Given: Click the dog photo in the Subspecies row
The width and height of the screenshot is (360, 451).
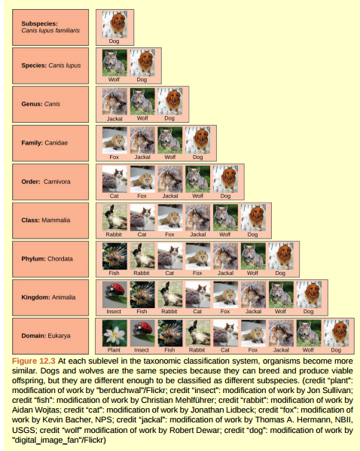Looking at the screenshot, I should click(114, 25).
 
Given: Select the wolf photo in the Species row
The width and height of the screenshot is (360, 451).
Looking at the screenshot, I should click(114, 62).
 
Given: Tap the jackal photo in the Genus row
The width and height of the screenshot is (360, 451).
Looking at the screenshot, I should click(114, 102).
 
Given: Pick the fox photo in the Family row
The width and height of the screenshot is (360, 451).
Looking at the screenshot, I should click(114, 140).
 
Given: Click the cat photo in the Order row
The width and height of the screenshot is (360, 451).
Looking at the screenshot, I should click(114, 178).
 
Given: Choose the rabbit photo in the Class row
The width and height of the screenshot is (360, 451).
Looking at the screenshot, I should click(114, 217).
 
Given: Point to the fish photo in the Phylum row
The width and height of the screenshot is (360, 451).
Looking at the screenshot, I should click(114, 256).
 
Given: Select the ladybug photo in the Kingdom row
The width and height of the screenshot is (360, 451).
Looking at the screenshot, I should click(114, 294).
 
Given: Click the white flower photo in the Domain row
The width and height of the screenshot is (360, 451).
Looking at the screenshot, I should click(114, 333).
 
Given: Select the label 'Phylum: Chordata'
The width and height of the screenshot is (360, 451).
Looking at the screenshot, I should click(47, 258).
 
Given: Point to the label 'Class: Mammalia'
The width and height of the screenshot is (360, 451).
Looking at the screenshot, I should click(46, 220).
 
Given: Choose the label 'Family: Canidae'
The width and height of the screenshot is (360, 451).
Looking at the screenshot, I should click(44, 142).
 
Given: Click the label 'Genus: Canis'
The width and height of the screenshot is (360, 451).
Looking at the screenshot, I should click(41, 104).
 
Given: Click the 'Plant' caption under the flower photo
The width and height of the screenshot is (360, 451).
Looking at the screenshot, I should click(114, 350).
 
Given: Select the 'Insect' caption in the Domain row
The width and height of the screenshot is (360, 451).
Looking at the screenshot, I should click(142, 350).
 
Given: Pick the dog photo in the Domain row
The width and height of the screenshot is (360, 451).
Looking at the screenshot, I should click(336, 333).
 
